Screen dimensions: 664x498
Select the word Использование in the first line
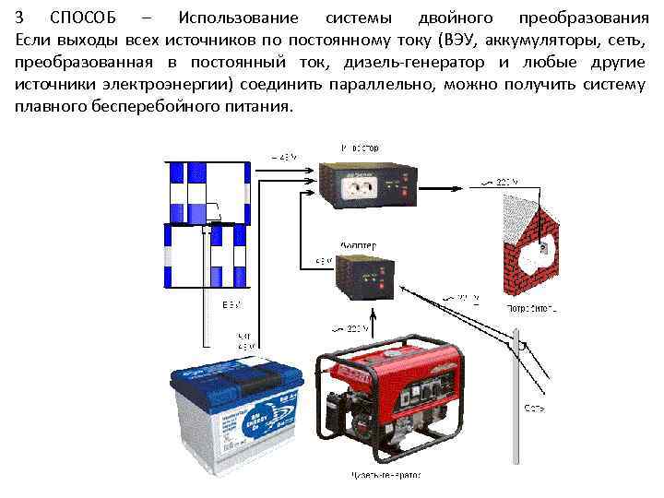pos(236,18)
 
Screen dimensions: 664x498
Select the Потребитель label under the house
pos(532,305)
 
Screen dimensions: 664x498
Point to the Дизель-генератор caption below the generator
pos(385,478)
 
